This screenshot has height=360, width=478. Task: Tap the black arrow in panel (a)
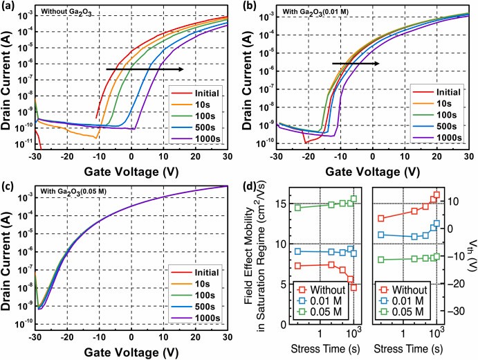coord(145,69)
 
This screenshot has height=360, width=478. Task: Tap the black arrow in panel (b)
coord(356,64)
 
